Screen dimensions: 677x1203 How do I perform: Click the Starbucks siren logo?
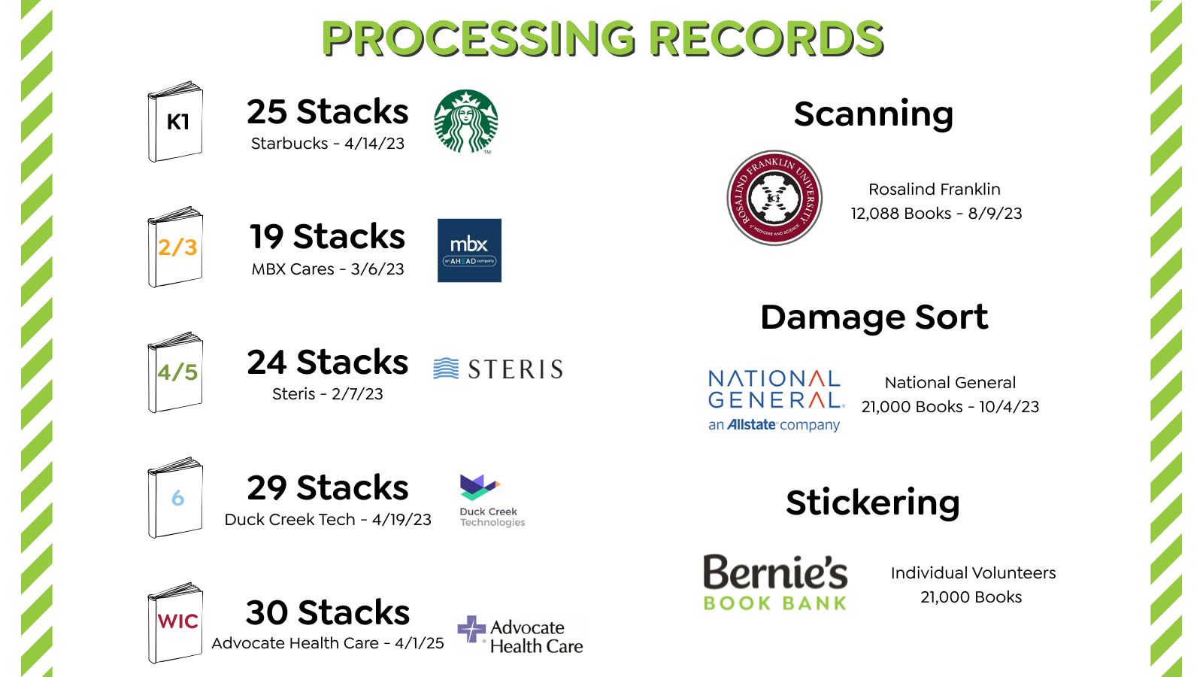coord(466,121)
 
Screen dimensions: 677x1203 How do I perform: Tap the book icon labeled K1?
coord(175,123)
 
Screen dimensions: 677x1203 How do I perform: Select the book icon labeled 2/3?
coord(175,247)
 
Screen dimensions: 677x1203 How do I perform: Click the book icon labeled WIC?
coord(175,623)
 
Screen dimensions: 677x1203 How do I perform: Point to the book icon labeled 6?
coord(175,498)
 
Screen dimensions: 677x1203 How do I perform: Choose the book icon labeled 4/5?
coord(175,372)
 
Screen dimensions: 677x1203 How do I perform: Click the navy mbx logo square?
coord(469,250)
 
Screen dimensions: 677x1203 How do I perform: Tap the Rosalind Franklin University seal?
coord(774,198)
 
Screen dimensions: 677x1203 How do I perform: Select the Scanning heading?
coord(873,114)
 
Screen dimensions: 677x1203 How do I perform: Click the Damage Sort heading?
coord(874,317)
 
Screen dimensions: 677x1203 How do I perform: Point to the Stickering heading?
coord(872,502)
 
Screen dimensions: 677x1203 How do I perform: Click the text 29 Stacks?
coord(328,487)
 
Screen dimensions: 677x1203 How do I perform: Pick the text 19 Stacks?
coord(328,237)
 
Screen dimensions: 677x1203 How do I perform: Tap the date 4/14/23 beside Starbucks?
coord(374,144)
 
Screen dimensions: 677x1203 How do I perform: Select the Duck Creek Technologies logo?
coord(490,500)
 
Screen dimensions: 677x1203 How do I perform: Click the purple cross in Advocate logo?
coord(471,629)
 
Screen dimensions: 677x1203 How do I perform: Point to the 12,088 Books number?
coord(901,214)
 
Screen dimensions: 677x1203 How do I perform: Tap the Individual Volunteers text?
coord(973,573)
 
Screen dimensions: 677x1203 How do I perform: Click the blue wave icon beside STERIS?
coord(446,369)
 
